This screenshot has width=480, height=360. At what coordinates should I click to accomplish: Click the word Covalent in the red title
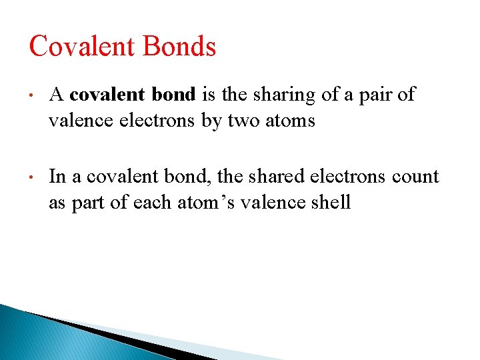74,47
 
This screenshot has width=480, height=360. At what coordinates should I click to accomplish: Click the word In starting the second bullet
58,177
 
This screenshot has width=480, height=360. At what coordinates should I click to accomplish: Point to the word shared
273,177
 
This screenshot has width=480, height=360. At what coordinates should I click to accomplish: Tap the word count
415,177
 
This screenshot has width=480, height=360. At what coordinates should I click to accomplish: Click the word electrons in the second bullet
352,177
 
